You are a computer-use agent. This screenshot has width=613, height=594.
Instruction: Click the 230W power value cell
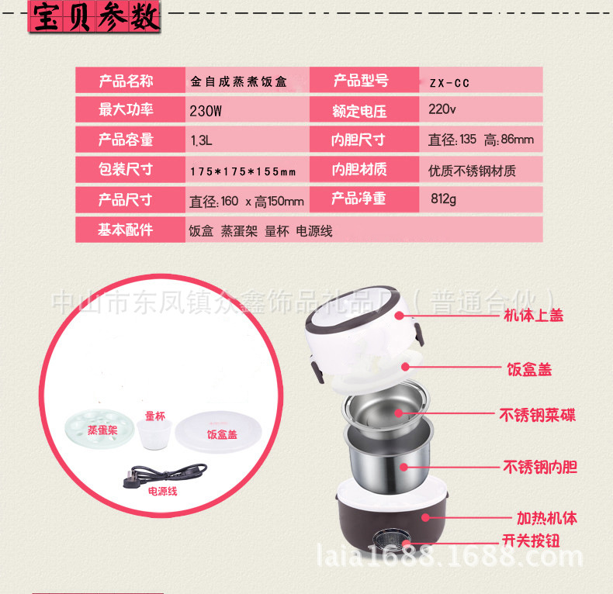pyautogui.click(x=206, y=111)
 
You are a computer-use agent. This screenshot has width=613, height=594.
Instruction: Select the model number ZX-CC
pyautogui.click(x=449, y=83)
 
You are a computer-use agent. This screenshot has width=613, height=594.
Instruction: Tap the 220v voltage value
pyautogui.click(x=442, y=109)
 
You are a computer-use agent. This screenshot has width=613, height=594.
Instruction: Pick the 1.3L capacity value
pyautogui.click(x=201, y=140)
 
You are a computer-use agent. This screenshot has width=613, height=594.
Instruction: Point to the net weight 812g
pyautogui.click(x=443, y=199)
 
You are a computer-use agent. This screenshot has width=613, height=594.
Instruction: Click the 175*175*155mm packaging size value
pyautogui.click(x=243, y=171)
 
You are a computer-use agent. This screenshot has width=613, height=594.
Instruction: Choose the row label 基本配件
pyautogui.click(x=125, y=230)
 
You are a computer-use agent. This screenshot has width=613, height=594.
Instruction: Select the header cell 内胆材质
pyautogui.click(x=359, y=169)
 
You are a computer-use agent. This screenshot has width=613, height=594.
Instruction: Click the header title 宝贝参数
pyautogui.click(x=95, y=17)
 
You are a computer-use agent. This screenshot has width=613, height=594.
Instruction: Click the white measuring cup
pyautogui.click(x=154, y=434)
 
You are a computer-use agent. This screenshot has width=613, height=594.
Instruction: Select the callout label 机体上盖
pyautogui.click(x=533, y=315)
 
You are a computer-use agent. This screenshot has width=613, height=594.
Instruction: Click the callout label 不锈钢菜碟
pyautogui.click(x=537, y=415)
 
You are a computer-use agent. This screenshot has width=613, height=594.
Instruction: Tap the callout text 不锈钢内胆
pyautogui.click(x=540, y=467)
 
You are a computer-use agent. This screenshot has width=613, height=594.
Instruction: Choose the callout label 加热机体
pyautogui.click(x=547, y=518)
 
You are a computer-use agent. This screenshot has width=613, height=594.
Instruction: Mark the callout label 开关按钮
pyautogui.click(x=531, y=540)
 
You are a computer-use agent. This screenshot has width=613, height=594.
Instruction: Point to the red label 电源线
pyautogui.click(x=163, y=491)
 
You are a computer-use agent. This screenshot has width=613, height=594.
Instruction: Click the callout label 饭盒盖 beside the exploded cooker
pyautogui.click(x=529, y=369)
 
